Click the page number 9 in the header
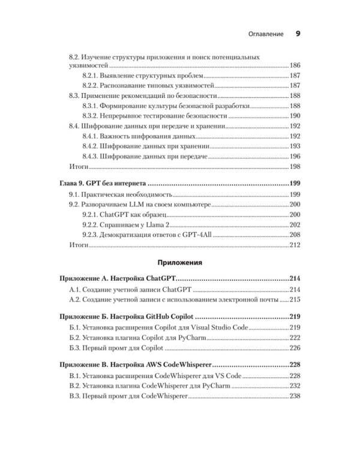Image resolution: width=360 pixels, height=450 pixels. tap(298, 34)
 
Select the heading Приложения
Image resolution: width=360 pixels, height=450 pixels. tap(180, 262)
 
